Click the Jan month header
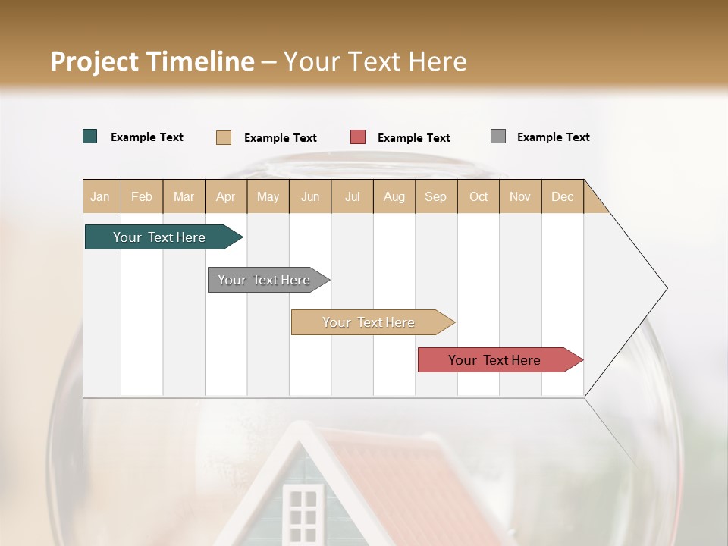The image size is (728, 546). pyautogui.click(x=100, y=196)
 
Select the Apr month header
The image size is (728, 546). pyautogui.click(x=226, y=196)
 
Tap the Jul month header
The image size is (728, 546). pyautogui.click(x=352, y=196)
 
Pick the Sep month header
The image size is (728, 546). pyautogui.click(x=435, y=196)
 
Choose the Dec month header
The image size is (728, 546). pyautogui.click(x=562, y=196)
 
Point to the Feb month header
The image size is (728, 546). pyautogui.click(x=142, y=196)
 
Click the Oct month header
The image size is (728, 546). pyautogui.click(x=479, y=196)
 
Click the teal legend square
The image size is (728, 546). pyautogui.click(x=90, y=136)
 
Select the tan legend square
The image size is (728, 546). pyautogui.click(x=224, y=137)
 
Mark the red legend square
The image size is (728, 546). pyautogui.click(x=358, y=137)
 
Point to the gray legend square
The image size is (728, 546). pyautogui.click(x=498, y=136)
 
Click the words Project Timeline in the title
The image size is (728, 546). pyautogui.click(x=152, y=61)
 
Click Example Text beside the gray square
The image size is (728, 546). pyautogui.click(x=553, y=137)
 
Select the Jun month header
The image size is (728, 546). pyautogui.click(x=310, y=196)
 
